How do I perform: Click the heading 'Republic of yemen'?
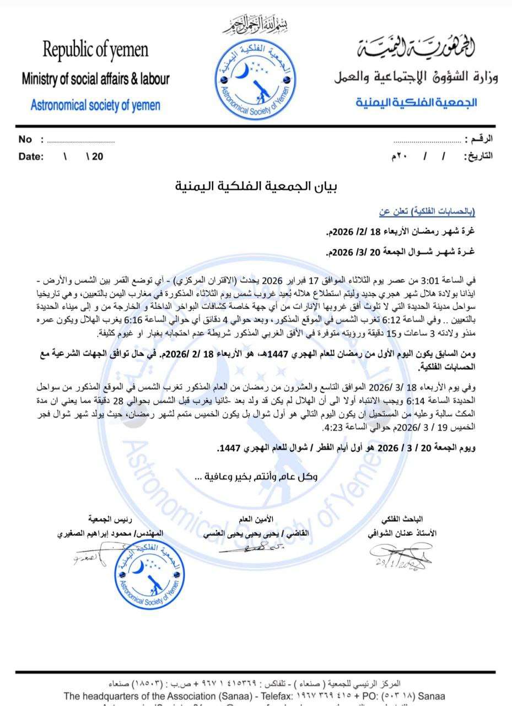pos(95,51)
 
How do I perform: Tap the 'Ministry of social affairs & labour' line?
pos(95,79)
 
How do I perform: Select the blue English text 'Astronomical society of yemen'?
pos(95,105)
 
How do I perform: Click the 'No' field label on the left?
pos(25,140)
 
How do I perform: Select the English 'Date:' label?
pos(31,157)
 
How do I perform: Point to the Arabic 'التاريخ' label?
pos(477,156)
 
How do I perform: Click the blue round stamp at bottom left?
pos(149,574)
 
